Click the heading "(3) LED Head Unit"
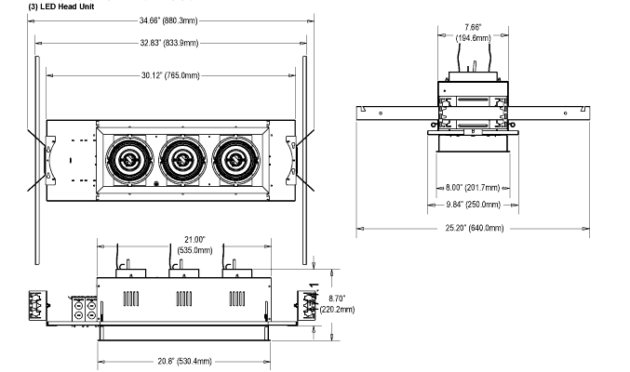click(61, 7)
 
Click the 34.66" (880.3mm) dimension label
click(168, 20)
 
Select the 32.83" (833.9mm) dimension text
click(169, 43)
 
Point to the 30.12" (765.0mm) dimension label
click(170, 75)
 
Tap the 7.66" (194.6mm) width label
click(473, 33)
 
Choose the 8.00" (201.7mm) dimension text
click(473, 188)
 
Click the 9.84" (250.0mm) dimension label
click(474, 205)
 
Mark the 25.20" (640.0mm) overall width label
click(474, 228)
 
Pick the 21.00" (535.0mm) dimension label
click(194, 245)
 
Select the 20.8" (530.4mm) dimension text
click(184, 361)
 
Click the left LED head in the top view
click(129, 161)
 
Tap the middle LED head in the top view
click(182, 161)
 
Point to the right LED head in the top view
click(235, 161)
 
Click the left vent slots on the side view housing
click(131, 299)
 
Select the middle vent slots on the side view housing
click(184, 299)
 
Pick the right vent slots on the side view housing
click(237, 299)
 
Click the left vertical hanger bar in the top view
click(37, 160)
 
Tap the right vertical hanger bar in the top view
click(304, 160)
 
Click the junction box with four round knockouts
click(85, 310)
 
